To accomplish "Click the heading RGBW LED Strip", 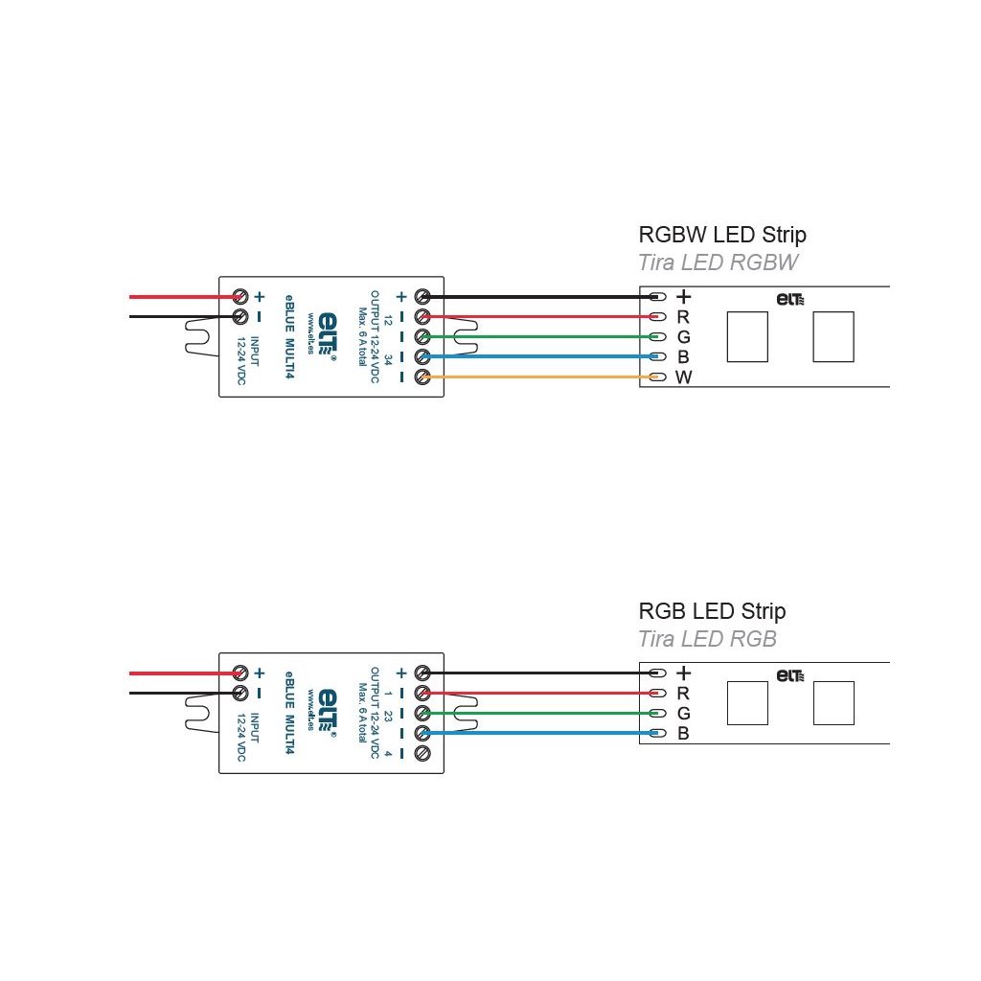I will point(721,235).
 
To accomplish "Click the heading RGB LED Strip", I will point(712,611).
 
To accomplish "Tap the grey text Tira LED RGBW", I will point(718,263).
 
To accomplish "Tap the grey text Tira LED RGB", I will point(707,639).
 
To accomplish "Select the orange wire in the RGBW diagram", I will point(536,377).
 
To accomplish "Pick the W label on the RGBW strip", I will point(683,377).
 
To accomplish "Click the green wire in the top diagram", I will point(536,336).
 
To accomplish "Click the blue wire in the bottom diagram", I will point(536,734).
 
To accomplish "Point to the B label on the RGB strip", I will point(683,734).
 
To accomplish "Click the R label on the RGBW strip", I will point(683,316).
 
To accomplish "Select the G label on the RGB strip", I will point(683,714).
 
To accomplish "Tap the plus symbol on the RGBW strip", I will point(683,297).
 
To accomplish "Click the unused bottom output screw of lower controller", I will point(422,753).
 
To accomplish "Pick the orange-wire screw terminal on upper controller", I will point(422,377).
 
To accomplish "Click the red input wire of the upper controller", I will point(182,297).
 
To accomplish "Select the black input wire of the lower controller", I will point(182,693).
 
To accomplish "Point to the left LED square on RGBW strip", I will point(747,337).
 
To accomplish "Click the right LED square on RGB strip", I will point(833,703).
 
